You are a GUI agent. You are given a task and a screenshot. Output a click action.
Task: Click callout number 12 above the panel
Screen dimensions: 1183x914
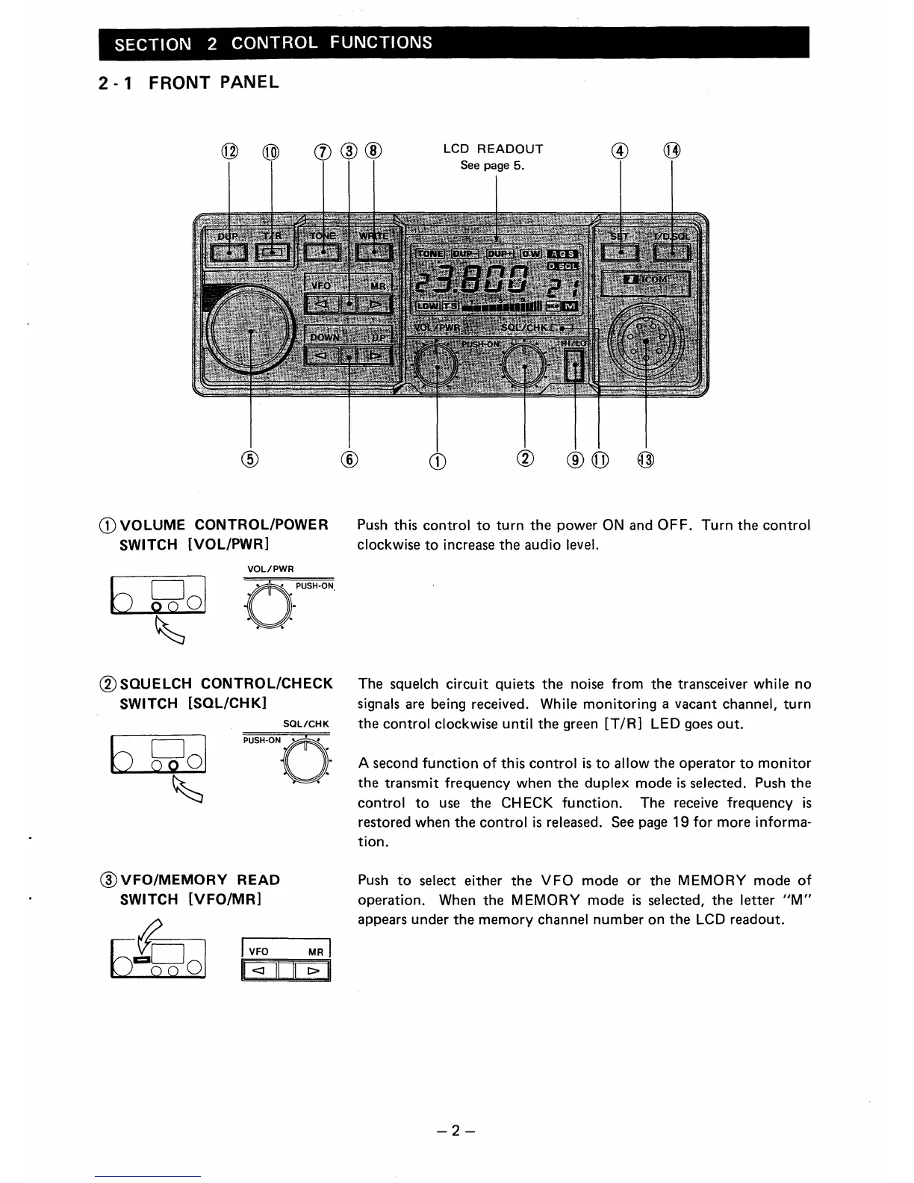228,152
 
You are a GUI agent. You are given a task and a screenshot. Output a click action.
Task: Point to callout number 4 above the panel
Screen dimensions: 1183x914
620,152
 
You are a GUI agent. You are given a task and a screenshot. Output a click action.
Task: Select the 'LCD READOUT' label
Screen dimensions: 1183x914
493,149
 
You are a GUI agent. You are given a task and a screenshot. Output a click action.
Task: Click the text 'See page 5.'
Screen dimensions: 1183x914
493,165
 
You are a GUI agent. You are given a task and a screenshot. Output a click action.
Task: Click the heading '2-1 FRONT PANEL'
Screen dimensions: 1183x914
188,82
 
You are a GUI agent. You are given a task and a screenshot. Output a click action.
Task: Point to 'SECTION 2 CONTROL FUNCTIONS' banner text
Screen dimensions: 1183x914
273,43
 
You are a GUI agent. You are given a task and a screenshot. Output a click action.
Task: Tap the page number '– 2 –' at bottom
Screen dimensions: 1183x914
457,1129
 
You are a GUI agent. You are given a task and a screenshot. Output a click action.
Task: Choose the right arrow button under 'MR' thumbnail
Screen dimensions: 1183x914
312,971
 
